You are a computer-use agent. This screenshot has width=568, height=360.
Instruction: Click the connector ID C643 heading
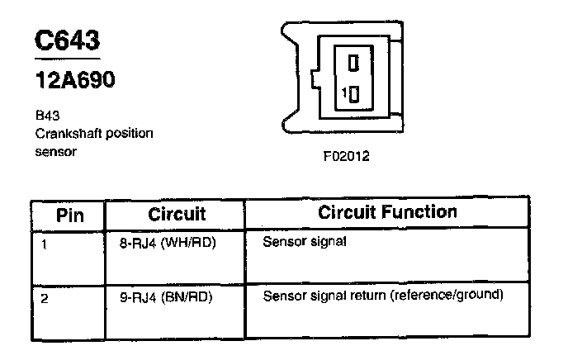pyautogui.click(x=67, y=42)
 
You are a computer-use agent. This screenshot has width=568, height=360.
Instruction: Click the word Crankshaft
pyautogui.click(x=65, y=133)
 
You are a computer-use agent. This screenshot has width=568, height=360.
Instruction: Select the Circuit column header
pyautogui.click(x=176, y=214)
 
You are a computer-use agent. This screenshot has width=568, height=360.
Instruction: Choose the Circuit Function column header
pyautogui.click(x=387, y=212)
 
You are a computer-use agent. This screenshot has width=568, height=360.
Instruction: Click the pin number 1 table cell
pyautogui.click(x=44, y=244)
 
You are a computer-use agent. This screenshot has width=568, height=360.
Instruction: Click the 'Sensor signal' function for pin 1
pyautogui.click(x=305, y=243)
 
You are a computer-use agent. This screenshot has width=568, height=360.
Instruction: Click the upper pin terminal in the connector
pyautogui.click(x=353, y=63)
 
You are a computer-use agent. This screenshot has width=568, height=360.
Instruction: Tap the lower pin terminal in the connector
pyautogui.click(x=354, y=94)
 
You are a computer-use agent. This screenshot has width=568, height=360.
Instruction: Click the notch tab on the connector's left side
pyautogui.click(x=315, y=82)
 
